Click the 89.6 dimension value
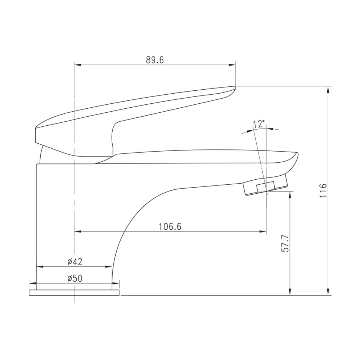click(x=155, y=60)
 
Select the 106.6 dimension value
click(x=170, y=226)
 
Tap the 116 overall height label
click(x=323, y=190)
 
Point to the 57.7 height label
click(x=285, y=243)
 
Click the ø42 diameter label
click(x=75, y=262)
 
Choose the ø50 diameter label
click(x=75, y=279)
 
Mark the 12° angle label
click(x=259, y=124)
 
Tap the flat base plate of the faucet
click(x=74, y=292)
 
